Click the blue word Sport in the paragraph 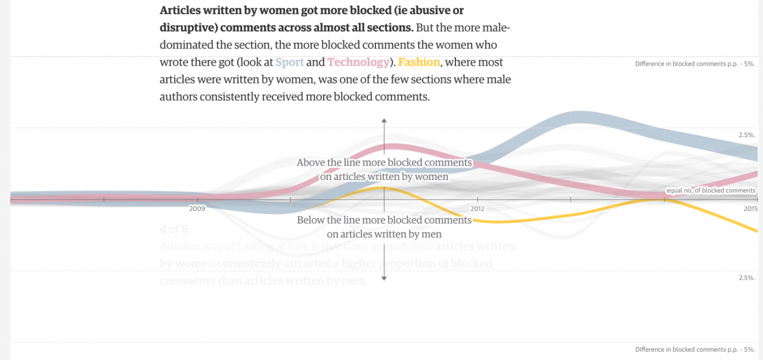coord(290,62)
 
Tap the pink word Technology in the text coord(358,62)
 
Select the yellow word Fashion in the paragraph coord(419,62)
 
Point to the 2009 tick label coord(197,209)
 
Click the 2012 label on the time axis coord(477,209)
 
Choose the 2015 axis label coord(750,209)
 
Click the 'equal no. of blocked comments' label coord(711,191)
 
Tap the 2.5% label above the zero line coord(747,135)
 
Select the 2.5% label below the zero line coord(747,278)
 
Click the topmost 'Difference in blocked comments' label coord(695,64)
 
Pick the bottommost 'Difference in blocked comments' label coord(695,349)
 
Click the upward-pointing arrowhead coord(384,121)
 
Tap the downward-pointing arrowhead coord(384,278)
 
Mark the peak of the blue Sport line coord(578,117)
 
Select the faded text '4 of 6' coord(173,229)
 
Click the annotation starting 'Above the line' coord(384,169)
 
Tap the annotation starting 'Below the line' coord(384,227)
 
